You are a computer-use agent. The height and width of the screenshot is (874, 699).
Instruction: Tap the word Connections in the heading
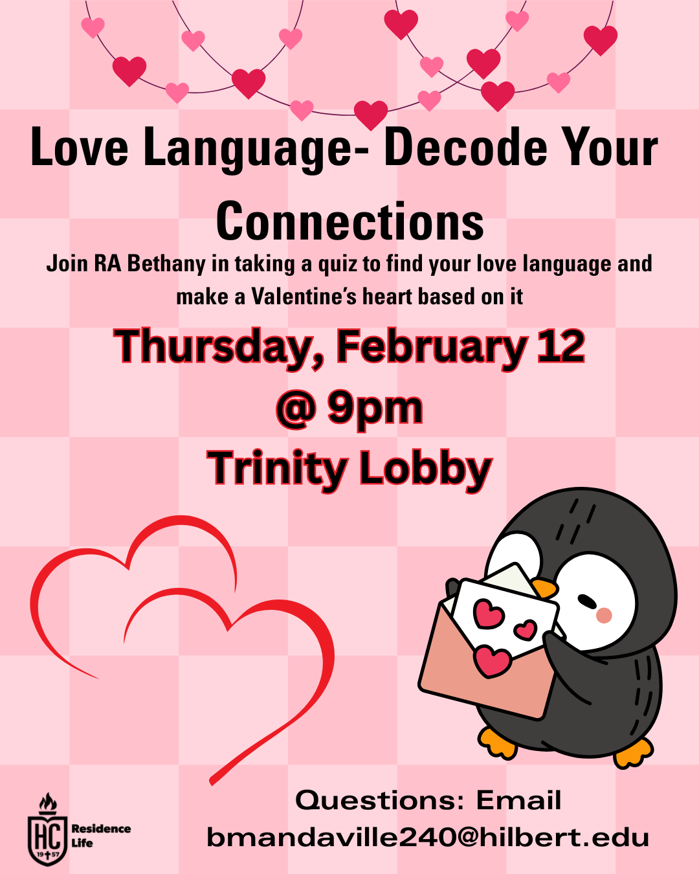pos(349,222)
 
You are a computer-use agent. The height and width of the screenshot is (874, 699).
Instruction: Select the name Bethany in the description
pos(157,264)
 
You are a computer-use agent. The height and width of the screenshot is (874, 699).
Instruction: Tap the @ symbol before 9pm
pos(296,409)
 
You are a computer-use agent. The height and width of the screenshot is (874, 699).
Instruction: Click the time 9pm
pos(375,409)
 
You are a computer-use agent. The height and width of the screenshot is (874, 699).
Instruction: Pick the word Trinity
pos(276,468)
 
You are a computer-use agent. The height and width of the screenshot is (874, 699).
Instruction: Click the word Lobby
pos(425,468)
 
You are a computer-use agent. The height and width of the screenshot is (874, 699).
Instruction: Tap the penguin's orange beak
pos(545,588)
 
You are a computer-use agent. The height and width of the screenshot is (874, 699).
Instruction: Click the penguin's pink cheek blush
pos(604,615)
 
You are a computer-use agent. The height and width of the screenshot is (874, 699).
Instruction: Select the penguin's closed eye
pos(587,601)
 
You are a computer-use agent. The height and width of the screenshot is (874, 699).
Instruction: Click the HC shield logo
pos(47,835)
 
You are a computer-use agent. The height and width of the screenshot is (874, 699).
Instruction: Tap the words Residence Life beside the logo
pos(100,835)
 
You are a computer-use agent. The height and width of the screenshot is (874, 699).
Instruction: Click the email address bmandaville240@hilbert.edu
pos(428,838)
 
